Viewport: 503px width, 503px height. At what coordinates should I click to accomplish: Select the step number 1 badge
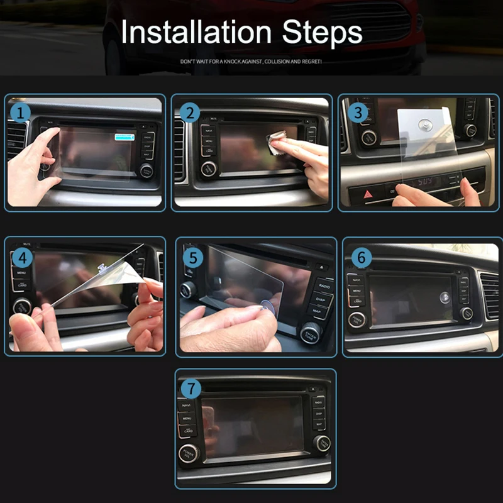(x=21, y=113)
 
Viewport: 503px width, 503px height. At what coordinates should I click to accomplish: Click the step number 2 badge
(x=189, y=113)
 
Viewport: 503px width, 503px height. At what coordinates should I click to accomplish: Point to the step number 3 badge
(x=357, y=113)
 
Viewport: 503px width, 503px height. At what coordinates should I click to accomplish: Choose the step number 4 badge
(x=21, y=257)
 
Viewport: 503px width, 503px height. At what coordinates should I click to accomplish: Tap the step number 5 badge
(x=192, y=257)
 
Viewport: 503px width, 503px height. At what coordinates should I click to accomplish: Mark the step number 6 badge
(x=361, y=257)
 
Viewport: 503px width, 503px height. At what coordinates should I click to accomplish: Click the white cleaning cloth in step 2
(x=277, y=141)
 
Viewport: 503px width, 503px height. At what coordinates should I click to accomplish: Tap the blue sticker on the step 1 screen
(x=124, y=136)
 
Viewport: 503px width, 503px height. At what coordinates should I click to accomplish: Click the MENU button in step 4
(x=21, y=274)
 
